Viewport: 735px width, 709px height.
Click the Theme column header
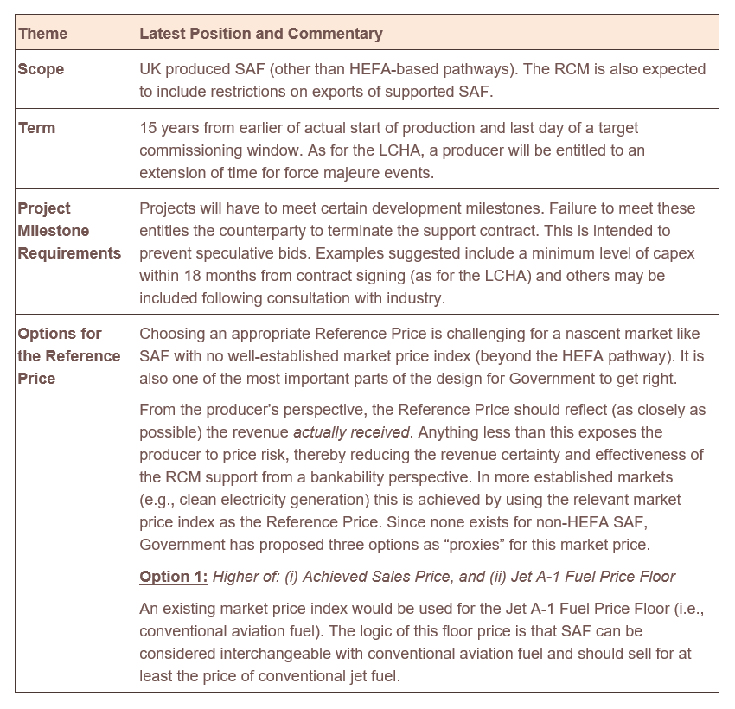coord(42,34)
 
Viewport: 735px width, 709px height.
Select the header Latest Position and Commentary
coord(260,34)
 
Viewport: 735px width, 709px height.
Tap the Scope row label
coord(41,69)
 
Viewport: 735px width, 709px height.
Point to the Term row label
coord(36,128)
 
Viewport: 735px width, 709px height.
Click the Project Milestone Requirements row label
coord(69,231)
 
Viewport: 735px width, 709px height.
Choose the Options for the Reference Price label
coord(69,356)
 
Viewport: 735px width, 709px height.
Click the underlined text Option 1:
coord(173,577)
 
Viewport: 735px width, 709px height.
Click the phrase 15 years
coord(169,128)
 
